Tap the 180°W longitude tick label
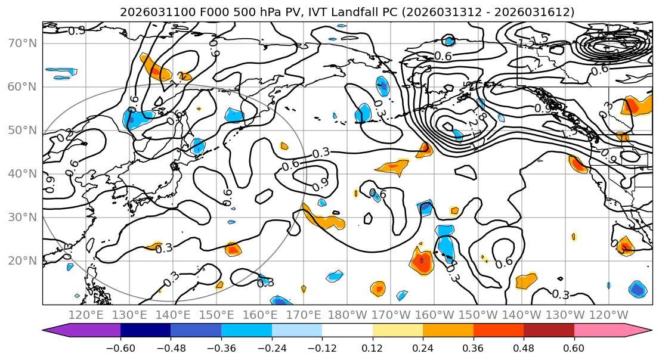coord(346,315)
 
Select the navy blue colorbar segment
coord(145,331)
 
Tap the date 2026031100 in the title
coord(151,12)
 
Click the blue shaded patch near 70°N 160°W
coord(449,41)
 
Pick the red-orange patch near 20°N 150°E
coord(233,249)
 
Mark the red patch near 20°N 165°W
coord(421,260)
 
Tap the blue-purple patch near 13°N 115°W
coord(637,290)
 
